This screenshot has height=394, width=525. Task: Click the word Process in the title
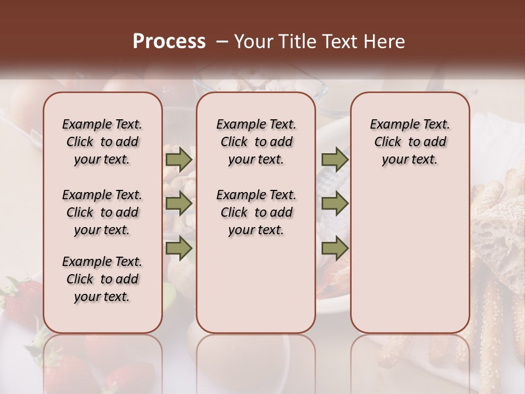click(x=169, y=42)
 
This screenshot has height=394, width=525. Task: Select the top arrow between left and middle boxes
click(x=178, y=160)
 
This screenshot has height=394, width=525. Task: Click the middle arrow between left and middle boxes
click(x=178, y=204)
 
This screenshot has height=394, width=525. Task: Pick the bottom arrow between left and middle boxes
click(x=178, y=248)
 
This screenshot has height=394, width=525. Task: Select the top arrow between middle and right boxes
click(x=335, y=160)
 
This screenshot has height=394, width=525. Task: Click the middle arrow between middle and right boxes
click(x=335, y=204)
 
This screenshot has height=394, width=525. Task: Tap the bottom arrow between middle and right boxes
click(x=335, y=248)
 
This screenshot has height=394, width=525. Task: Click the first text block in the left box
click(x=102, y=142)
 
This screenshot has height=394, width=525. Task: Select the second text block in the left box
click(x=102, y=212)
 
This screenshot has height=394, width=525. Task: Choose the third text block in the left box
click(x=102, y=279)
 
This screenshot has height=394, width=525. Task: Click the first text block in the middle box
click(x=256, y=142)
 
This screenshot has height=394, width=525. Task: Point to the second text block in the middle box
click(x=256, y=212)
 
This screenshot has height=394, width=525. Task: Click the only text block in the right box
click(x=410, y=142)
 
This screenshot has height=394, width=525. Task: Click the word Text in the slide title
click(x=339, y=42)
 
